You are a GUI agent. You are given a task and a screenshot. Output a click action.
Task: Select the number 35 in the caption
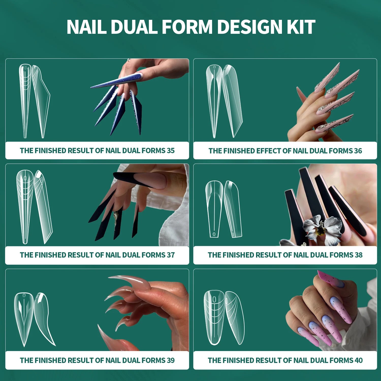point(170,151)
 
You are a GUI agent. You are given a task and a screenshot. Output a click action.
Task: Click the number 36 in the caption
point(358,151)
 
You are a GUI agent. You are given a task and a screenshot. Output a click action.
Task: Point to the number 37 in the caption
point(170,255)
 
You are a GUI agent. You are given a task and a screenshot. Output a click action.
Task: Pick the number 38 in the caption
point(358,255)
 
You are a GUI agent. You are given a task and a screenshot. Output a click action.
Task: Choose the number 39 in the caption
point(170,360)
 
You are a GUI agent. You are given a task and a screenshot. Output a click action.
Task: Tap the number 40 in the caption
point(358,360)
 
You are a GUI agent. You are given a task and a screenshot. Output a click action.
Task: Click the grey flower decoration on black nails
point(321,229)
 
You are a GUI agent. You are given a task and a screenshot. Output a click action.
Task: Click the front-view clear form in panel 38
point(214,208)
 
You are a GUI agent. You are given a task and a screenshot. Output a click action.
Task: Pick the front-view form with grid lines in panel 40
point(214,317)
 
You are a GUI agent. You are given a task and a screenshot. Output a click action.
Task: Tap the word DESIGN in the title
point(250,27)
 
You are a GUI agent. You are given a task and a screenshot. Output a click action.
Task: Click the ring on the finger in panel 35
point(129,60)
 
